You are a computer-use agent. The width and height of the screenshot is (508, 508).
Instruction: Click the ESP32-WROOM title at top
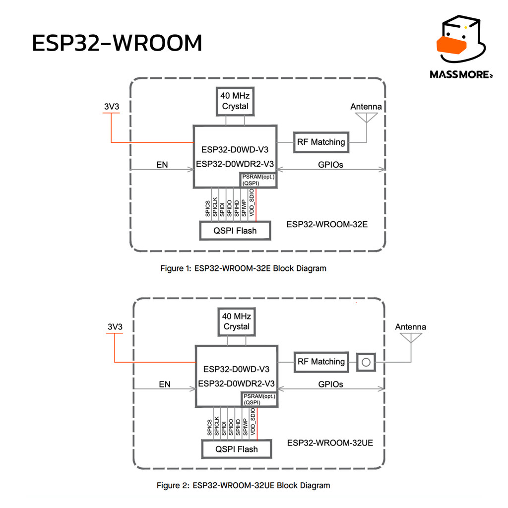pos(117,43)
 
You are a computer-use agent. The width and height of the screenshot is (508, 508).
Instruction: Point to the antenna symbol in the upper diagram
pos(367,118)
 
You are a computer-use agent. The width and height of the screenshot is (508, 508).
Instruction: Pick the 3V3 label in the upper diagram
pos(112,107)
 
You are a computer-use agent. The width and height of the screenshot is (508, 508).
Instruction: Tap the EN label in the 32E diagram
pos(162,165)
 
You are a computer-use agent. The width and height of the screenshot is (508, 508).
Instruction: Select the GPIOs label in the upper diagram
pos(330,165)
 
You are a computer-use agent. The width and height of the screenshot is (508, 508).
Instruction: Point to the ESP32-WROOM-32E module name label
pos(327,225)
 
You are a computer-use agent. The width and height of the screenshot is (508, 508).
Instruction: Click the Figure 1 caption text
pos(243,268)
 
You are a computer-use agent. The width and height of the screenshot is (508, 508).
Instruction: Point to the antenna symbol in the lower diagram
pos(411,337)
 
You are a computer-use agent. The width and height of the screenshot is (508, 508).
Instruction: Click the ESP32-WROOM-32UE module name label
pos(330,443)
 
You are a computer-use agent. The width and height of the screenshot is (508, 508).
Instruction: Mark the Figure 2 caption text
pos(243,485)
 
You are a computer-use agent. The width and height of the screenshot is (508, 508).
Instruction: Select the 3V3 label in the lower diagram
pos(115,326)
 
